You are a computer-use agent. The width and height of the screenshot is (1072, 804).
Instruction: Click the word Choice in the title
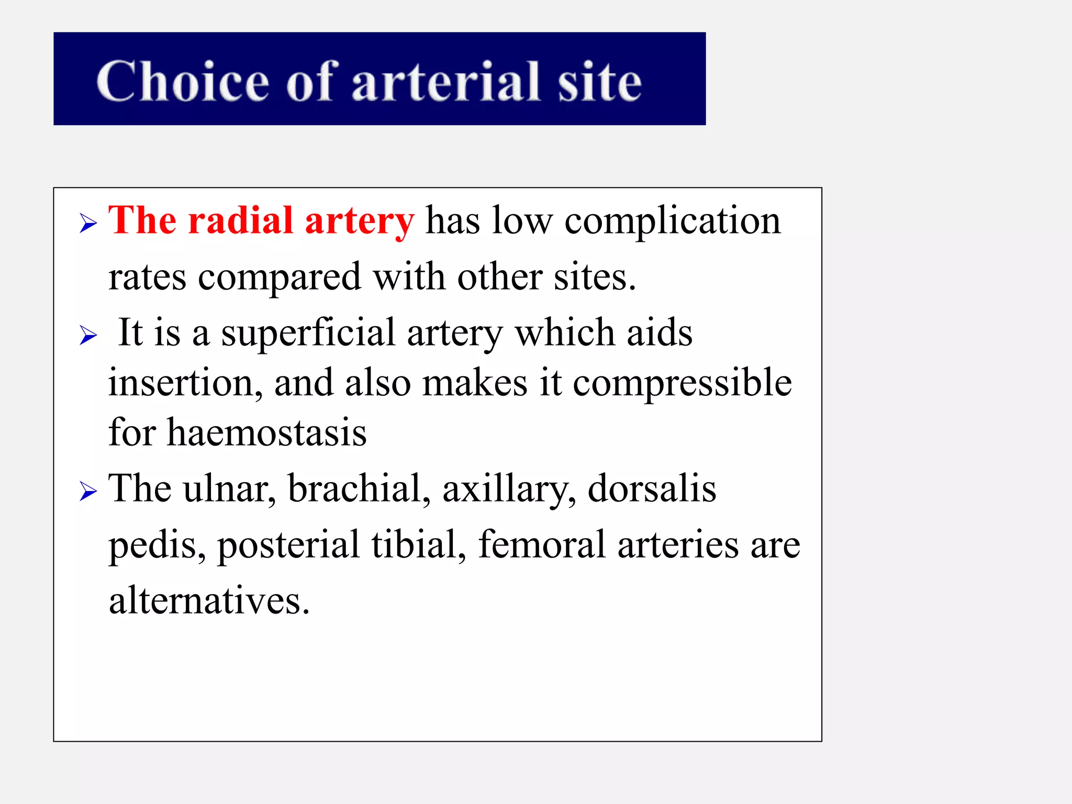pyautogui.click(x=183, y=82)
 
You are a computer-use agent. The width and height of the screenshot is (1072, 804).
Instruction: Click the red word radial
pyautogui.click(x=240, y=220)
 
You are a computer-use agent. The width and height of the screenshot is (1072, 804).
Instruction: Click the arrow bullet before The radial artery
pyautogui.click(x=88, y=224)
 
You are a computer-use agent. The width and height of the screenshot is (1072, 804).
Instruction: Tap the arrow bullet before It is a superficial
pyautogui.click(x=88, y=336)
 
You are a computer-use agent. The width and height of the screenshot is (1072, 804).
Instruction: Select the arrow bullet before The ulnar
pyautogui.click(x=88, y=491)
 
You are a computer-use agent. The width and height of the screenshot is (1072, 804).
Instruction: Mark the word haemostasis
pyautogui.click(x=266, y=433)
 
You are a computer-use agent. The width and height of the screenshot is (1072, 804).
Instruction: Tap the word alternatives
pyautogui.click(x=209, y=601)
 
